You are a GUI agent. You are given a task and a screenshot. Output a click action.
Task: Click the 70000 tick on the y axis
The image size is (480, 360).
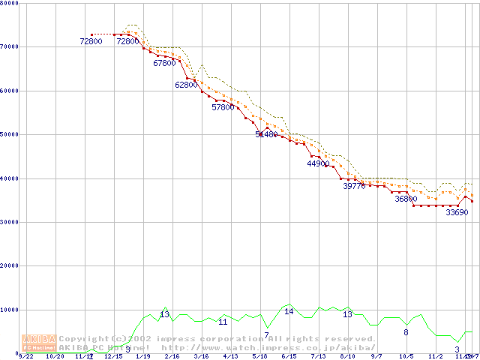point(10,46)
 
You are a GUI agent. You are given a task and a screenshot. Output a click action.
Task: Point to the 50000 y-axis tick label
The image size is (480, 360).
point(10,134)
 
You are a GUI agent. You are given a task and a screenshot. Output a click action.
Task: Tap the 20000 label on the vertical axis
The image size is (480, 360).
point(10,265)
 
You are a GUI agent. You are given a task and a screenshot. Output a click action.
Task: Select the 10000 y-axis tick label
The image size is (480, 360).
point(10,310)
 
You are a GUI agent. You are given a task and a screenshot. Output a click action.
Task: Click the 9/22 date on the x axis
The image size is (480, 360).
point(25,356)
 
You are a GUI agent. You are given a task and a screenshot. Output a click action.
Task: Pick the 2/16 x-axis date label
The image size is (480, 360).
point(172,356)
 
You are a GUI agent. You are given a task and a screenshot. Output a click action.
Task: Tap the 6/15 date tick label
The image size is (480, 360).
point(289,356)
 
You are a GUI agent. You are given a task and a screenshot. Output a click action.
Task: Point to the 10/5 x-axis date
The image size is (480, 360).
point(406,356)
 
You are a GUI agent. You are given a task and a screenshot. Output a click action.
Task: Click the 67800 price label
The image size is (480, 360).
point(164,64)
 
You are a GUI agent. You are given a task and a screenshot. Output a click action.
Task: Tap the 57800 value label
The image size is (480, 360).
point(223,107)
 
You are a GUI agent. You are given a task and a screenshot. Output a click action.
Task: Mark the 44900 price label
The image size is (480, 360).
point(318,163)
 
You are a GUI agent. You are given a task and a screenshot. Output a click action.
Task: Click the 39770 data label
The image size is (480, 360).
point(354,186)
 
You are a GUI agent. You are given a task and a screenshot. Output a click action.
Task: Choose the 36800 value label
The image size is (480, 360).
point(406,199)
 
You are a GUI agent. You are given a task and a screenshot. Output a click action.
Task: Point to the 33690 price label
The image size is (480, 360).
point(457,212)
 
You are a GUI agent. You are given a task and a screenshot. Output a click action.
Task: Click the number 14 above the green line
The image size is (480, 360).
point(289,311)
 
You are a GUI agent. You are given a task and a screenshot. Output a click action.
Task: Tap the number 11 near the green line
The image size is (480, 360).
point(223,322)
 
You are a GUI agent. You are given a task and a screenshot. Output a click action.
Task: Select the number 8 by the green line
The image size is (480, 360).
point(406,332)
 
